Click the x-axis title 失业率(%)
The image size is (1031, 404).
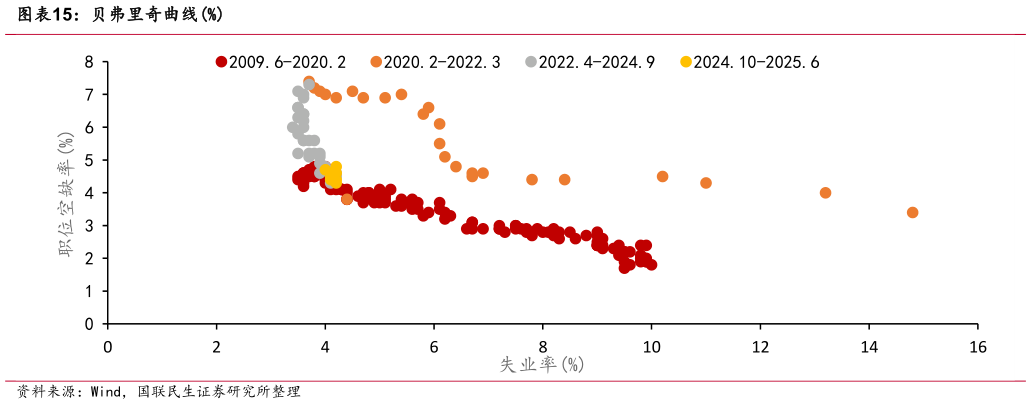coord(541,365)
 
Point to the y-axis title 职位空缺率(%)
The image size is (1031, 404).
coord(67,193)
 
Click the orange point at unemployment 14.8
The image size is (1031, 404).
coord(912,212)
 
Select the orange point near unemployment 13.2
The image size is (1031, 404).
coord(825,193)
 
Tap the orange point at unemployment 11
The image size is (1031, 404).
coord(706,183)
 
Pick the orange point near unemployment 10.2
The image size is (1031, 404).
coord(662,176)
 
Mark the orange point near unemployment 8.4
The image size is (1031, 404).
coord(564,180)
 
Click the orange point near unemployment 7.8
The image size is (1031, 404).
coord(532,180)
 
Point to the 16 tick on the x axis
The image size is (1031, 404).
coord(977,346)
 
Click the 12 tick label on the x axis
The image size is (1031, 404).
coord(760,346)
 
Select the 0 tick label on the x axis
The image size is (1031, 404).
coord(108,346)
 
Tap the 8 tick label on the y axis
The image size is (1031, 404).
coord(89,62)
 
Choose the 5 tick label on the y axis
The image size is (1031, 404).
coord(89,160)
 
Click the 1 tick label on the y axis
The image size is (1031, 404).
coord(89,291)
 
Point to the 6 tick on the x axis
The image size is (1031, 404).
coord(434,346)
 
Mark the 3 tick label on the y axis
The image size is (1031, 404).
coord(89,226)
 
